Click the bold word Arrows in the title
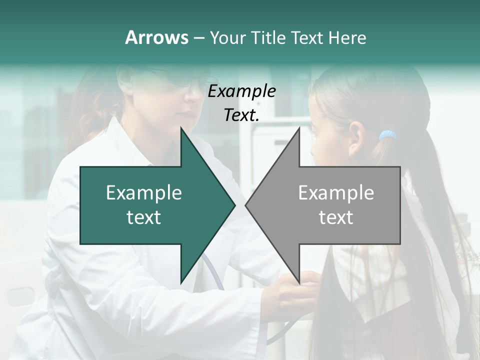tap(156, 37)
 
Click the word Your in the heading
tap(228, 37)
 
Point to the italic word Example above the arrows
tap(241, 91)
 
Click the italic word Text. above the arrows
tap(241, 115)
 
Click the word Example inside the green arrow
tap(144, 193)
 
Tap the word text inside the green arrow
tap(144, 217)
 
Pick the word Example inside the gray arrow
tap(336, 193)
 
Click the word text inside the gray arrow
tap(336, 217)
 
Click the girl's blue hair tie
tap(387, 135)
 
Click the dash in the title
tap(198, 38)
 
